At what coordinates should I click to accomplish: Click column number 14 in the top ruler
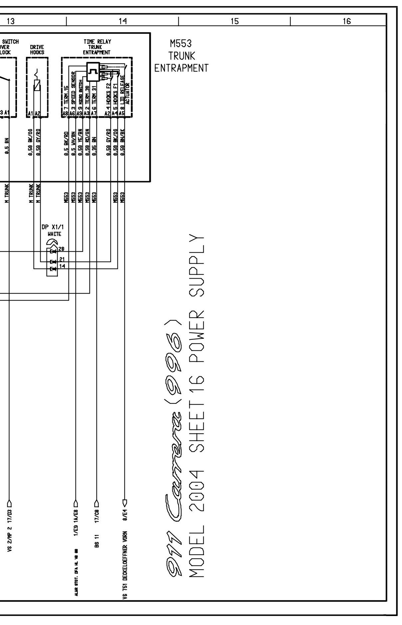[122, 21]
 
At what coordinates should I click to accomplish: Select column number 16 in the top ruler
[346, 21]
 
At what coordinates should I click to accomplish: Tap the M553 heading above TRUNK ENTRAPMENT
[181, 43]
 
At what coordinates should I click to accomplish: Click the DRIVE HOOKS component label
[37, 50]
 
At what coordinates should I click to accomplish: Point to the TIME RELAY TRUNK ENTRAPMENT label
[97, 47]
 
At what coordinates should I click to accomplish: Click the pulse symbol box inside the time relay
[93, 71]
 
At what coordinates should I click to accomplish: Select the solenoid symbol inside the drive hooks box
[37, 85]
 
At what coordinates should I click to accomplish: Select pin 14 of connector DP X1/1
[62, 266]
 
